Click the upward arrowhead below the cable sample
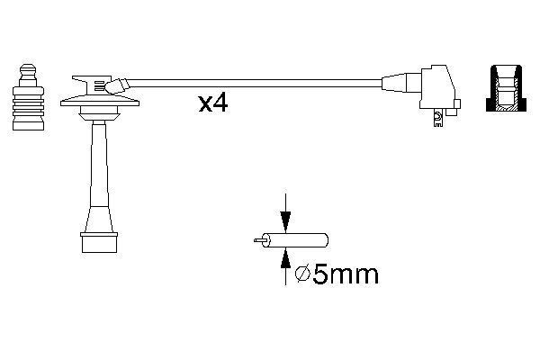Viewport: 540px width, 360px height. tap(285, 258)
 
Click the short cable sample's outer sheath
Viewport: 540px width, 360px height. tap(306, 240)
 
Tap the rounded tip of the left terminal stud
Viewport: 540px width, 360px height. tap(27, 69)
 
